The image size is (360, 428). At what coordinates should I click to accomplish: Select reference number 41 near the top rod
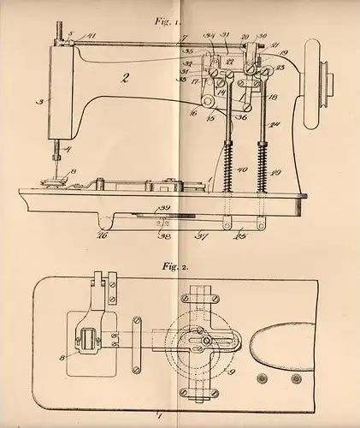click(x=91, y=36)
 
